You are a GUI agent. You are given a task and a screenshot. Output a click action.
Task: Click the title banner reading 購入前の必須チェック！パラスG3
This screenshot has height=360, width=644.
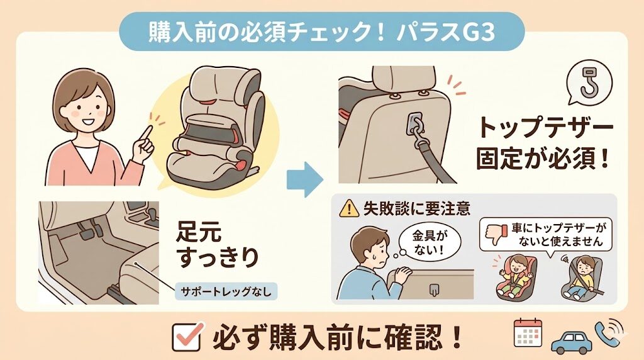coord(321,31)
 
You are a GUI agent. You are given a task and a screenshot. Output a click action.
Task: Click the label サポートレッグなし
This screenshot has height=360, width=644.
coord(225,291)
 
